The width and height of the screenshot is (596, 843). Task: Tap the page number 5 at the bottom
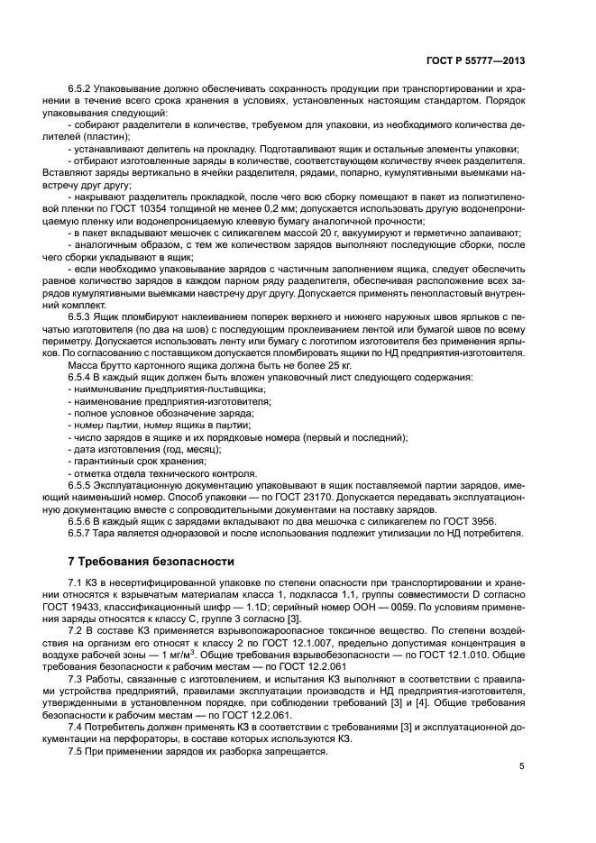(x=522, y=766)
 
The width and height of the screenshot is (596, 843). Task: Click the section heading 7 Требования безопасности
(x=151, y=560)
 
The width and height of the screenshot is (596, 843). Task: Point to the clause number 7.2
(x=76, y=633)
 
